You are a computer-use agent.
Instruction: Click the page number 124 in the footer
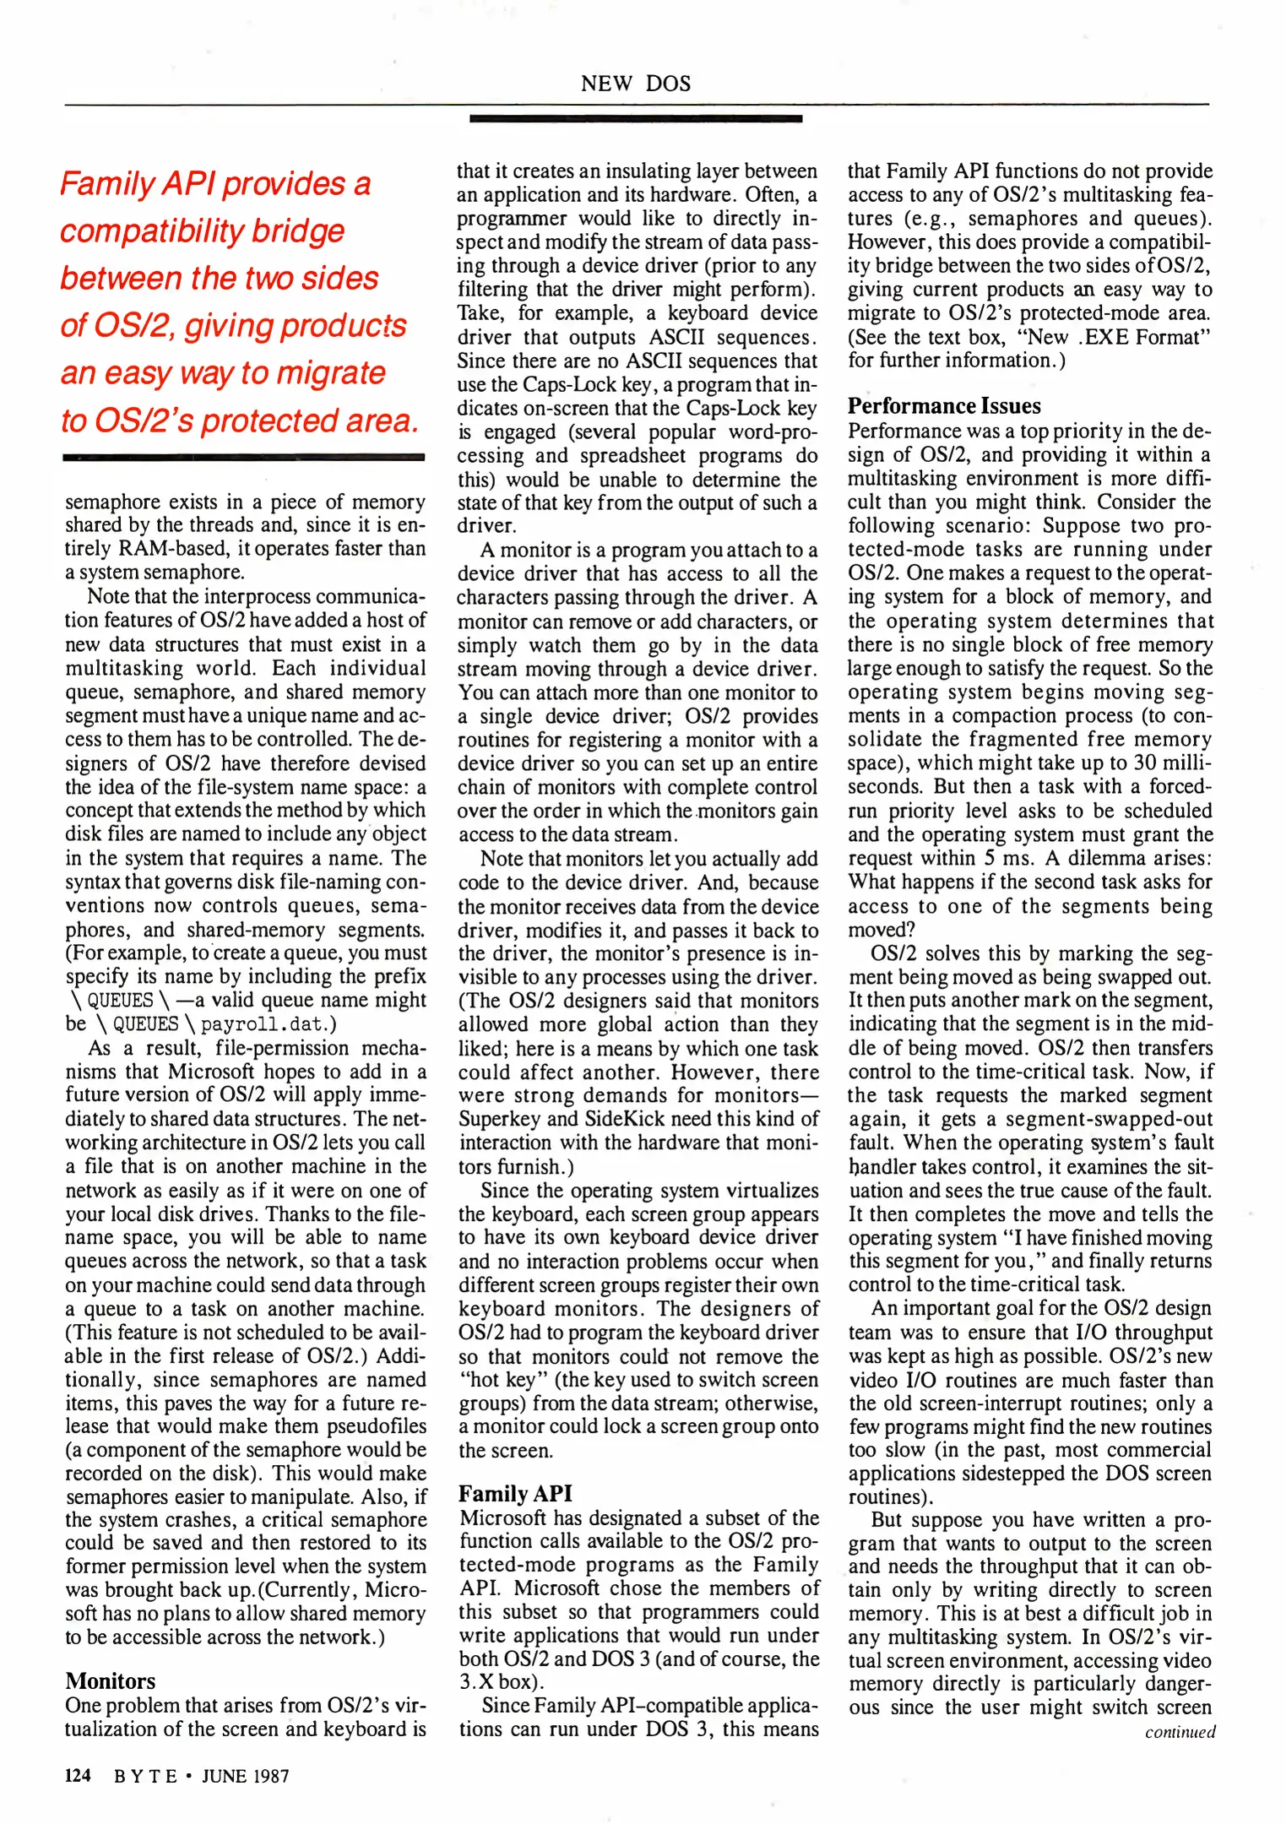pyautogui.click(x=78, y=1775)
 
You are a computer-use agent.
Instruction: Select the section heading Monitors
pyautogui.click(x=111, y=1680)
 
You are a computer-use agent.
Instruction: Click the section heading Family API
pyautogui.click(x=515, y=1494)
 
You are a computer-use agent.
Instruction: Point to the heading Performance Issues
pyautogui.click(x=944, y=406)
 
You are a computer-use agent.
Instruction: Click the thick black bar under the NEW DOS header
pyautogui.click(x=635, y=119)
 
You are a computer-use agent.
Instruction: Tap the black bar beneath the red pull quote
pyautogui.click(x=243, y=457)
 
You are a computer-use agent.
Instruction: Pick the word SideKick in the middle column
pyautogui.click(x=627, y=1120)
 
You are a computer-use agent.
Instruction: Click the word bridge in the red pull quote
pyautogui.click(x=301, y=231)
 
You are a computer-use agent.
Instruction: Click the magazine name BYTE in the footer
pyautogui.click(x=145, y=1776)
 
